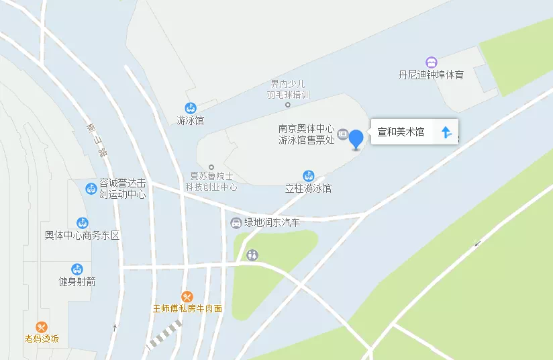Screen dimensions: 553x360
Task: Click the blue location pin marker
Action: point(356,138)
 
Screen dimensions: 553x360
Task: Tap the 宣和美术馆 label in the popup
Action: point(401,132)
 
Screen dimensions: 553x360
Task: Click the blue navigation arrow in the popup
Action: point(446,132)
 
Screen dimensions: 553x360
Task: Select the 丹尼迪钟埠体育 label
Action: point(431,75)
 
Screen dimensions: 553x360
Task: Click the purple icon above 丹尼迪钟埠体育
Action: point(432,62)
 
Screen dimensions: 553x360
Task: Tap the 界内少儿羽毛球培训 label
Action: point(288,89)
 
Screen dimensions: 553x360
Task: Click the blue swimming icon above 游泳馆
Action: point(191,108)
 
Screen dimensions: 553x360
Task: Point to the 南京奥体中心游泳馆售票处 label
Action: point(307,135)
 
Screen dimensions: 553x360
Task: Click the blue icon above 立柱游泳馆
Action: point(309,176)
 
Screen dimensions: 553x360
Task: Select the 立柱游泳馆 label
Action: point(309,189)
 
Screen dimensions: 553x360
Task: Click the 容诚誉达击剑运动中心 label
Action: point(122,189)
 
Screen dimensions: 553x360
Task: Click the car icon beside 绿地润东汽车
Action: point(236,223)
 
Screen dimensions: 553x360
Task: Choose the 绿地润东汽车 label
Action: point(272,223)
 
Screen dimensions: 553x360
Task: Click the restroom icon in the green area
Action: point(252,255)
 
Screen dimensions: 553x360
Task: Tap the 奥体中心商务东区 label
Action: point(82,236)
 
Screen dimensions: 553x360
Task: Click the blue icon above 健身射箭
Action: point(77,269)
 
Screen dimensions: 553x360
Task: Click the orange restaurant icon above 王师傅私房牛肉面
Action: point(187,296)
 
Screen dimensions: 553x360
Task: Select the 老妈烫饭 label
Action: point(42,339)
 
